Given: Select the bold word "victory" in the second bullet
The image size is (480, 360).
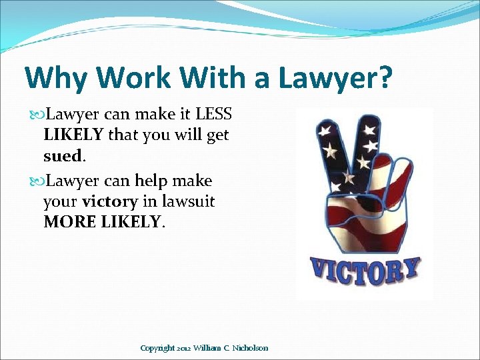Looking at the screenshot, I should coord(109,201).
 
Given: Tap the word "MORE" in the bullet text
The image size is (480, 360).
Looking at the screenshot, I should coord(70,221).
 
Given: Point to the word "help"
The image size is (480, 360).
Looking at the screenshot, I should coord(151,181).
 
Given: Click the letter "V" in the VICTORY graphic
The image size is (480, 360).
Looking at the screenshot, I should coord(320,273).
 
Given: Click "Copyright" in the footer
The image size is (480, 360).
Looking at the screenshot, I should coord(158,348).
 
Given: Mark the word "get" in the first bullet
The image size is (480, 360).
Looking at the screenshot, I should coord(218,135).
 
